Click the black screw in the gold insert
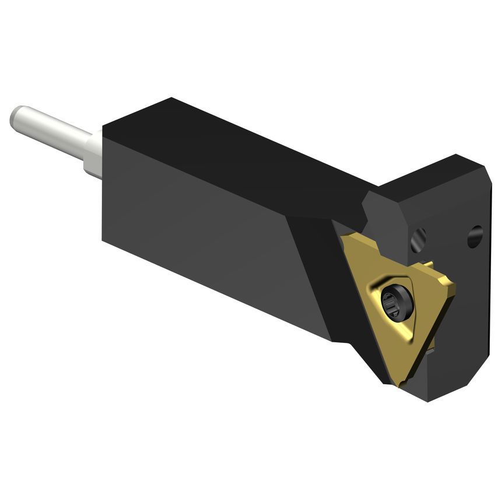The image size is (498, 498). (397, 303)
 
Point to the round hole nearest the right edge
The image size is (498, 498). (475, 236)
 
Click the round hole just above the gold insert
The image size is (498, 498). (419, 239)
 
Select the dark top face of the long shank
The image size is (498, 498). (233, 152)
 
